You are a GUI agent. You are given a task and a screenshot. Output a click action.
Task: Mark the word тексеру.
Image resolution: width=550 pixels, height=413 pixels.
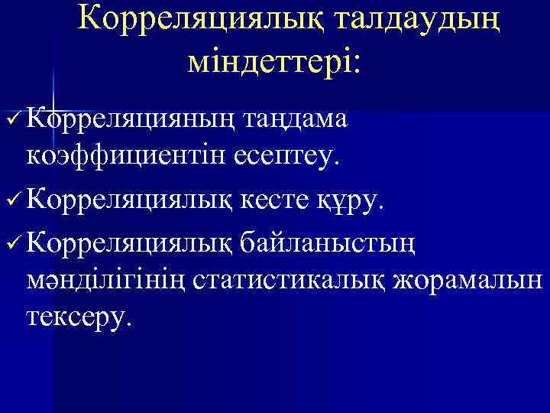click(83, 315)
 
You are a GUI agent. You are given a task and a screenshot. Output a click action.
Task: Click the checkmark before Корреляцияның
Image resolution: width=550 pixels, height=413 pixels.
click(12, 119)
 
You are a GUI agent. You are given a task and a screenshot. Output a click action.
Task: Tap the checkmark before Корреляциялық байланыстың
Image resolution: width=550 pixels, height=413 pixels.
click(12, 243)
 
